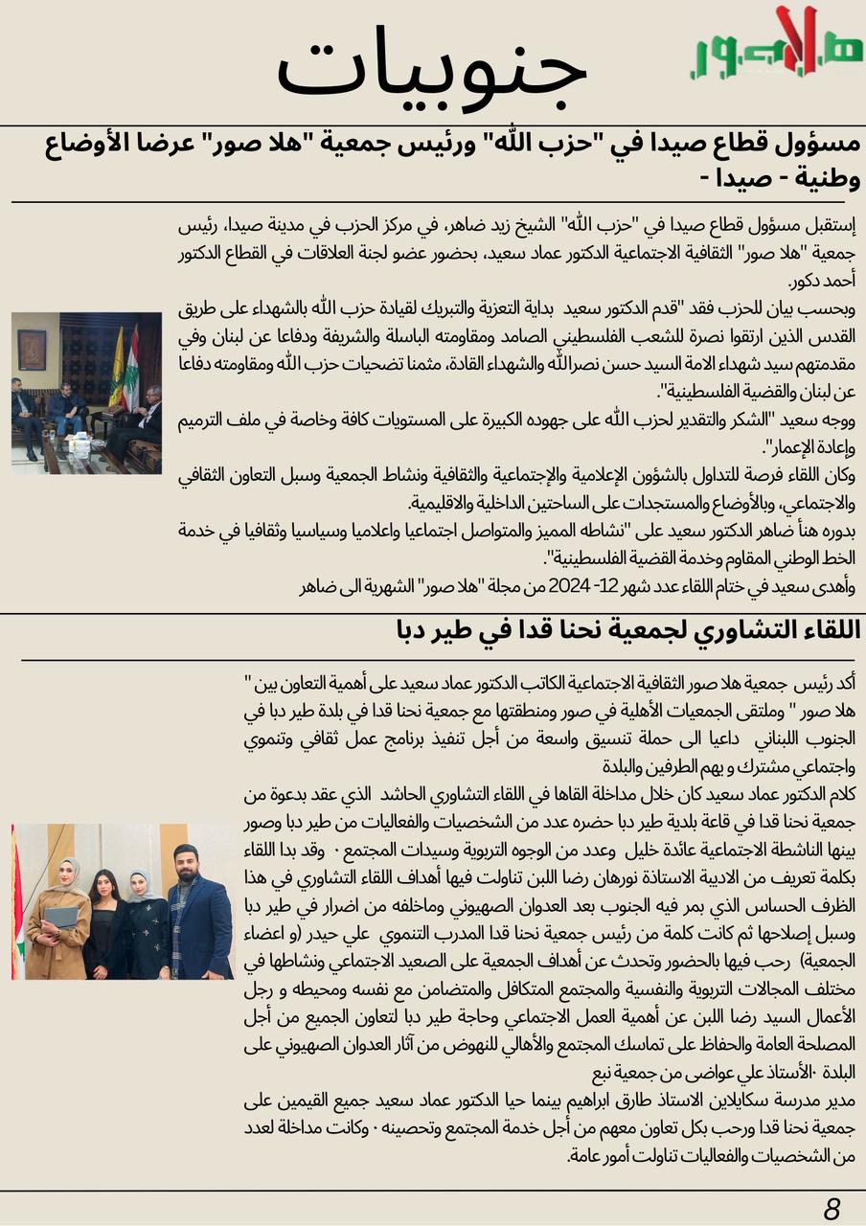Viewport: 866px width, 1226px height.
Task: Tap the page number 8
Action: (x=832, y=1209)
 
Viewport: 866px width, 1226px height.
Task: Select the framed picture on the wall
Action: (x=32, y=350)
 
